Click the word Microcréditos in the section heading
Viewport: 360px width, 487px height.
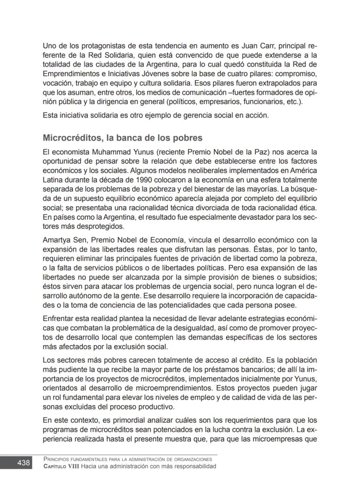(71, 138)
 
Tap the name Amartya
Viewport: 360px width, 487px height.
(57, 240)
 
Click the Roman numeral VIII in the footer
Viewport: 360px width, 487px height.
(79, 466)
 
